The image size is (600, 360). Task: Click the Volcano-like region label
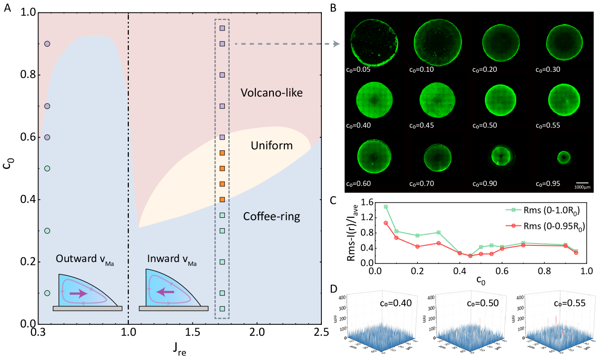(271, 93)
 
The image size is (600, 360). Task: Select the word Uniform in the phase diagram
(271, 146)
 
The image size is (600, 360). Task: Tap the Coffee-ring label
(271, 217)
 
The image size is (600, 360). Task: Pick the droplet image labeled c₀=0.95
(564, 157)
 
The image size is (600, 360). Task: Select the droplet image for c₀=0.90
(500, 156)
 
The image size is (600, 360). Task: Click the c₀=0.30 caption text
(548, 69)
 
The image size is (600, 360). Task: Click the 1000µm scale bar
(582, 182)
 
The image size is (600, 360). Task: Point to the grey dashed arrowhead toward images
(336, 44)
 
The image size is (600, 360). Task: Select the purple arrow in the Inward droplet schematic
(165, 292)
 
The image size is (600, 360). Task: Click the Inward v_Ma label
(172, 260)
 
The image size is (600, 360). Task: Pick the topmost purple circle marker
(47, 44)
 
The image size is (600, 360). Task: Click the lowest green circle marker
(47, 293)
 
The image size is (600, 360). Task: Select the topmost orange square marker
(222, 153)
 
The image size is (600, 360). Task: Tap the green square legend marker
(513, 210)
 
